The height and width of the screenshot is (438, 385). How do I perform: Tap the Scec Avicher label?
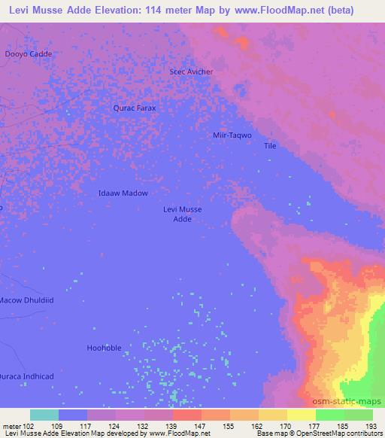point(192,71)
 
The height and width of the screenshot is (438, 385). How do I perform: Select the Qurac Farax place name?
point(135,108)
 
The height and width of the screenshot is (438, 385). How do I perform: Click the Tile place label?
point(271,146)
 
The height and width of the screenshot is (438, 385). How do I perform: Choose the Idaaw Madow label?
point(123,193)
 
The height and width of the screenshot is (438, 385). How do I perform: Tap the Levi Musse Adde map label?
point(183,214)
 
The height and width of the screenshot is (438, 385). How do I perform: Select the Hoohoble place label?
point(104,348)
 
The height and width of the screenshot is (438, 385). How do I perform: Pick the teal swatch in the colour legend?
point(44,415)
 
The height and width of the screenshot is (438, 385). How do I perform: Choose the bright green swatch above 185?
point(329,415)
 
